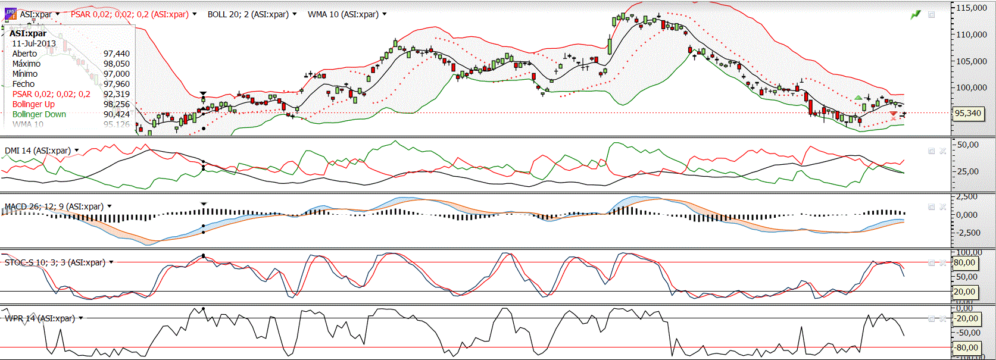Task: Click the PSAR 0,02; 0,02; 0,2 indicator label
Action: (x=129, y=14)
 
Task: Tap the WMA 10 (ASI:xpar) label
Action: (x=343, y=14)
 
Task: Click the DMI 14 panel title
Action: (x=38, y=151)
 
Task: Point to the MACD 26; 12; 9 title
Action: (x=54, y=206)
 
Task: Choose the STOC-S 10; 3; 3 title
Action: (x=55, y=262)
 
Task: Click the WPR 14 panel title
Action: (x=40, y=318)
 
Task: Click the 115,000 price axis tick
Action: (x=972, y=8)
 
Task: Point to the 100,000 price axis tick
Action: (x=972, y=87)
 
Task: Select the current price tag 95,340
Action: (x=968, y=113)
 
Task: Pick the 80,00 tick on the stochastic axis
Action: (x=964, y=262)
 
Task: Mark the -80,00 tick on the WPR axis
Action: (x=967, y=348)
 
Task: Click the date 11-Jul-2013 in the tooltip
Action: (x=34, y=43)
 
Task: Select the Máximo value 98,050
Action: (x=116, y=64)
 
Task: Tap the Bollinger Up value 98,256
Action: (x=116, y=104)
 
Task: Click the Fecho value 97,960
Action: (x=116, y=84)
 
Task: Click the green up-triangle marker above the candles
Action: (x=858, y=98)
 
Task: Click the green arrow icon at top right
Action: (x=916, y=14)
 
